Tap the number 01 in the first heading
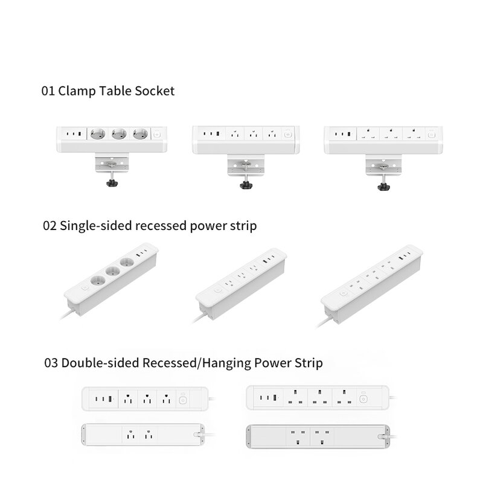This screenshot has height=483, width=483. click(47, 91)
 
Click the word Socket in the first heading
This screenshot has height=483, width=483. click(153, 91)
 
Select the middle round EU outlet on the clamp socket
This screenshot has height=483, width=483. click(117, 135)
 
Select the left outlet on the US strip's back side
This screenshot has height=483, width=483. click(129, 433)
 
